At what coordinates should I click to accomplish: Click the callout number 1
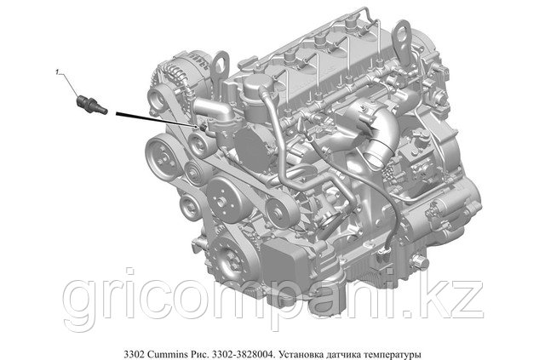(57, 72)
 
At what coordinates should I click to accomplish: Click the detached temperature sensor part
(91, 104)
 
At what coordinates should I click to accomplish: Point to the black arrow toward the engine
(157, 120)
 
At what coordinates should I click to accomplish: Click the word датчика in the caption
(342, 355)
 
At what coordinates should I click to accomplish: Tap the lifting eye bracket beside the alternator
(220, 68)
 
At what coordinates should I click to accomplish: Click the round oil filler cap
(257, 85)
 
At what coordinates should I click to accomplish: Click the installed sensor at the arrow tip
(204, 128)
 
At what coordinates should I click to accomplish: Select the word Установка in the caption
(301, 355)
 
